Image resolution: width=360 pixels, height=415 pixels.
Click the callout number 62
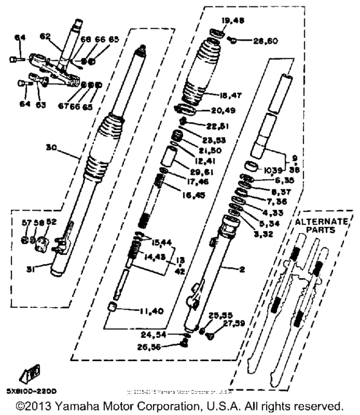(x=45, y=37)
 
